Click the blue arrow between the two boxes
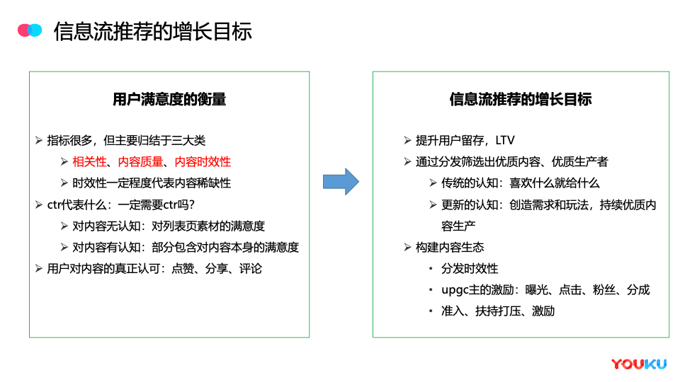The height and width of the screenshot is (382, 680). click(x=341, y=182)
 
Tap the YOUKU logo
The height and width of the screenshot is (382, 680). click(x=639, y=364)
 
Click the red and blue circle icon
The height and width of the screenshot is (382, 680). click(x=30, y=30)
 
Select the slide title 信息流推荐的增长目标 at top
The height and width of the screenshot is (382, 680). click(x=153, y=31)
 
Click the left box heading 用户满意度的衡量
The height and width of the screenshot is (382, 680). click(x=169, y=99)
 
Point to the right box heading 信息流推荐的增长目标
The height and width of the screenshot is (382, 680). click(x=521, y=99)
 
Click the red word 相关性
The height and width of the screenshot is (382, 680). click(x=89, y=161)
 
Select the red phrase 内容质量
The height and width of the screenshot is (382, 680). click(x=140, y=161)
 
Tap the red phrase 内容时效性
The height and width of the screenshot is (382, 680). click(x=203, y=161)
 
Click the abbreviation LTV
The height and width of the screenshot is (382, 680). click(x=505, y=140)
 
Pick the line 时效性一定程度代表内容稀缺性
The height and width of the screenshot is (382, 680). click(x=152, y=183)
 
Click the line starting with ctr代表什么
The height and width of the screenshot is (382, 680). click(x=121, y=204)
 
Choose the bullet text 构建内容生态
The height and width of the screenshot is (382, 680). click(x=450, y=247)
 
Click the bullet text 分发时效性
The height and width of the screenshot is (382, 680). click(x=470, y=269)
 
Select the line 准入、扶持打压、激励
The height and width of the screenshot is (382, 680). click(x=498, y=311)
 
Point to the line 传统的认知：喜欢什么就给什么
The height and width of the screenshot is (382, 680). click(x=521, y=183)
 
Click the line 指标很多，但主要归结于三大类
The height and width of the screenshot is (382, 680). click(x=126, y=140)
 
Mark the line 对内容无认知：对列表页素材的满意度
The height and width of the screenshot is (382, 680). click(x=169, y=226)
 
